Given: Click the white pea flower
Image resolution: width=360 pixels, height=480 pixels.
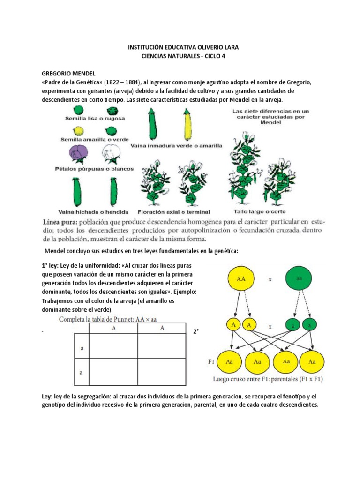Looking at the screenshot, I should (111, 154).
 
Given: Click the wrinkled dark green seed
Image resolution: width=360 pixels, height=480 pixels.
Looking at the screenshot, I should (112, 111).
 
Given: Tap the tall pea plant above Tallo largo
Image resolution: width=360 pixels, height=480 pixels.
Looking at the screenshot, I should (242, 166).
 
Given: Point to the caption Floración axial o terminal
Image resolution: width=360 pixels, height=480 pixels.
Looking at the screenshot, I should (174, 211).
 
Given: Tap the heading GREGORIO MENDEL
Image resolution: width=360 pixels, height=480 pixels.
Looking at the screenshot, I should (68, 74).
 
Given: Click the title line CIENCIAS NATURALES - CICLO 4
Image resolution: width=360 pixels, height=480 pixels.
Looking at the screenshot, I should (180, 56).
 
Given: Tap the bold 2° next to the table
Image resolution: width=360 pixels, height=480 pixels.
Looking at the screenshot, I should (196, 331).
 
